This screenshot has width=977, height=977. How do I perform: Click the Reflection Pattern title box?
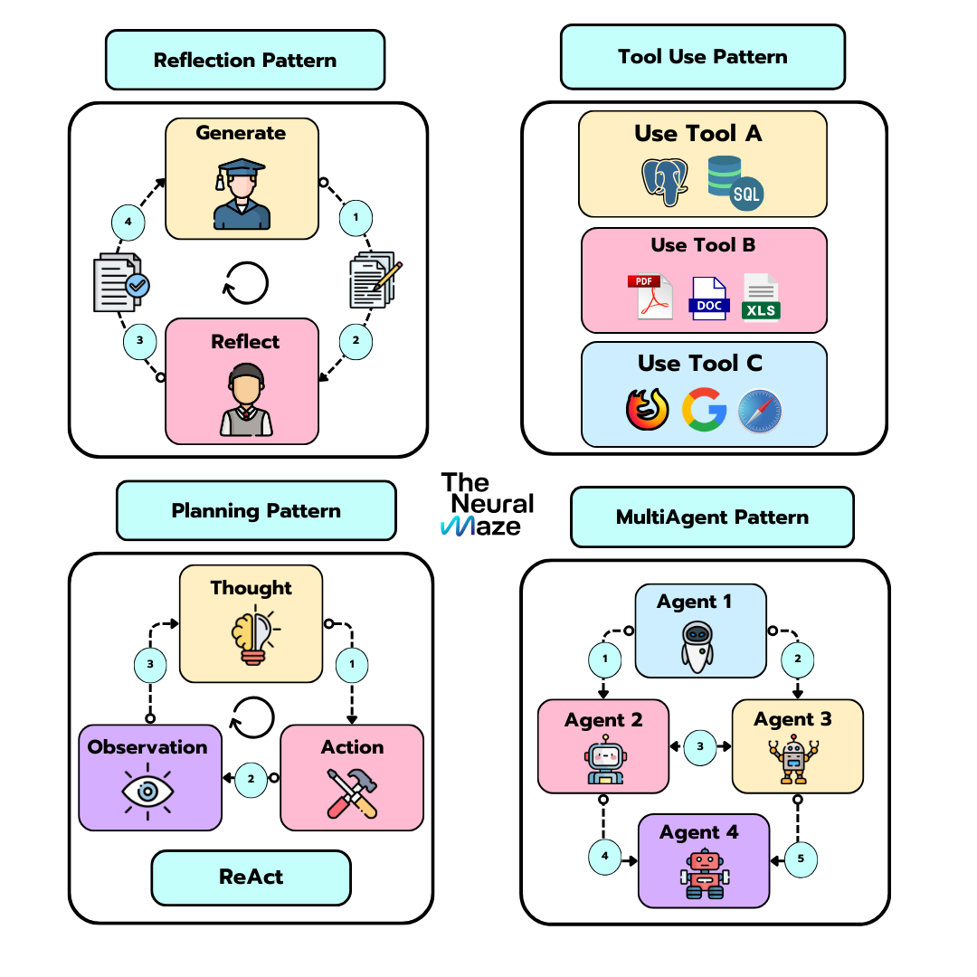point(245,61)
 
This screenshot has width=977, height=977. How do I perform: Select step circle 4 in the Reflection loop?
point(128,222)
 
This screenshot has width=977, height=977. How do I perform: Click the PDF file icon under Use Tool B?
point(650,296)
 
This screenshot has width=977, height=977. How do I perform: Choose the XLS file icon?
point(761,296)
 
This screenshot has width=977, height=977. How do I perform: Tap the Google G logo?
point(704,409)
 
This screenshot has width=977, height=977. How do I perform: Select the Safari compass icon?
point(760,411)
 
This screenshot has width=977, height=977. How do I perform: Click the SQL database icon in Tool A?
point(735,183)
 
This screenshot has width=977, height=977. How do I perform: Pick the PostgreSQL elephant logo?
point(663,182)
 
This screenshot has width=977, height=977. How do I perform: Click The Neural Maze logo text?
point(487,504)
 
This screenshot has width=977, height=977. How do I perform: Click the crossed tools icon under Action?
point(352,793)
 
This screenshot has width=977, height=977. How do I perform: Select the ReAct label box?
point(251,877)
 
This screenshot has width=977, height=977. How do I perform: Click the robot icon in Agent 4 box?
point(704,875)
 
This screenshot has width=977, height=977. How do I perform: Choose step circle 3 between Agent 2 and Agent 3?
point(700,747)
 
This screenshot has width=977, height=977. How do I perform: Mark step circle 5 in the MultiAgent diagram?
point(801,858)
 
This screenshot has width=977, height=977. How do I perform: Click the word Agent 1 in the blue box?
point(695,602)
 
